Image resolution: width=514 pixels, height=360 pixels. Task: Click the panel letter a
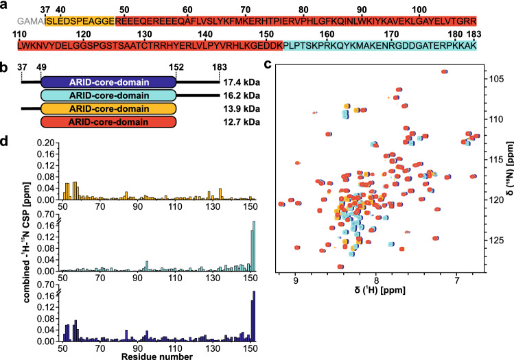point(5,7)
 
